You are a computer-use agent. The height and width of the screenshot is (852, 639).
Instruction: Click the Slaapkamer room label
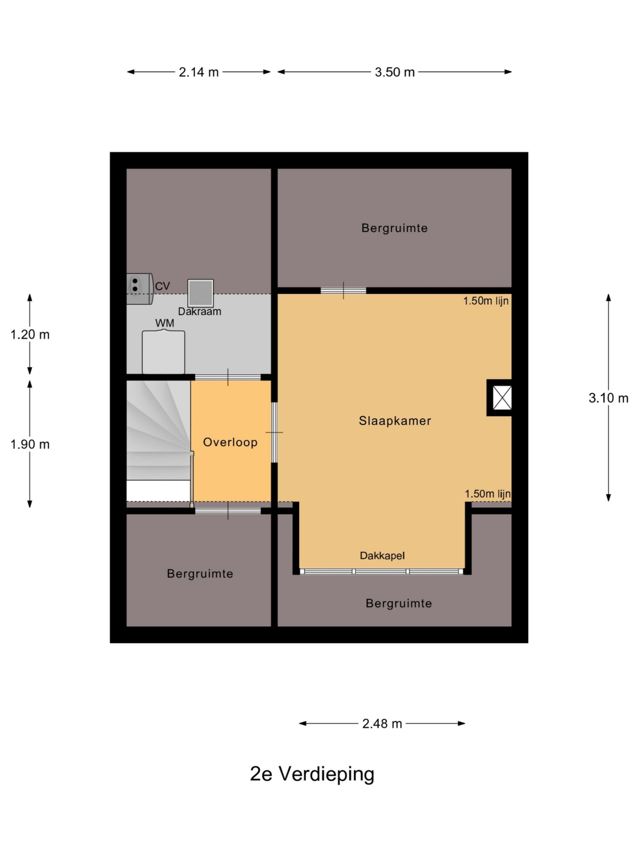(395, 421)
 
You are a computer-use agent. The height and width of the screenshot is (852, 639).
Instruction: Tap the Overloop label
(230, 442)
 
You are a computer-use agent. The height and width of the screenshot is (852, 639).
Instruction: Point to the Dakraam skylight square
(200, 293)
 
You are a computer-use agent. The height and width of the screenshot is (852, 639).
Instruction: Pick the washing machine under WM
(163, 352)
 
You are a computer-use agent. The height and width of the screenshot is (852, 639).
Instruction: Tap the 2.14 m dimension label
(199, 72)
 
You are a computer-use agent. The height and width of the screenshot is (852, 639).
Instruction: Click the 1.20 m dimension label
(30, 334)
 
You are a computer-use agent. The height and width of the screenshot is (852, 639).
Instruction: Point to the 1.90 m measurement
(30, 444)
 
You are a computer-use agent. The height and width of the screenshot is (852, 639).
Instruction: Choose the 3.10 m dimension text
(608, 398)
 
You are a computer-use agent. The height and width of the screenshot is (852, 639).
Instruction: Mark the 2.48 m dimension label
(382, 724)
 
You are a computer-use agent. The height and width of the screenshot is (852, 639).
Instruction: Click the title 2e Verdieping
(312, 774)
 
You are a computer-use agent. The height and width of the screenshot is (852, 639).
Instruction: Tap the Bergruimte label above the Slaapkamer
(394, 228)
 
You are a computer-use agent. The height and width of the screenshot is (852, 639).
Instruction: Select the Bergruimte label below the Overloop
(200, 574)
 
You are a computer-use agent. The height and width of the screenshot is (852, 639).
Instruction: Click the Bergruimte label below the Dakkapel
(399, 603)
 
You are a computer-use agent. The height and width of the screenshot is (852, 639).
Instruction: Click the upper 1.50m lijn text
(486, 301)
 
